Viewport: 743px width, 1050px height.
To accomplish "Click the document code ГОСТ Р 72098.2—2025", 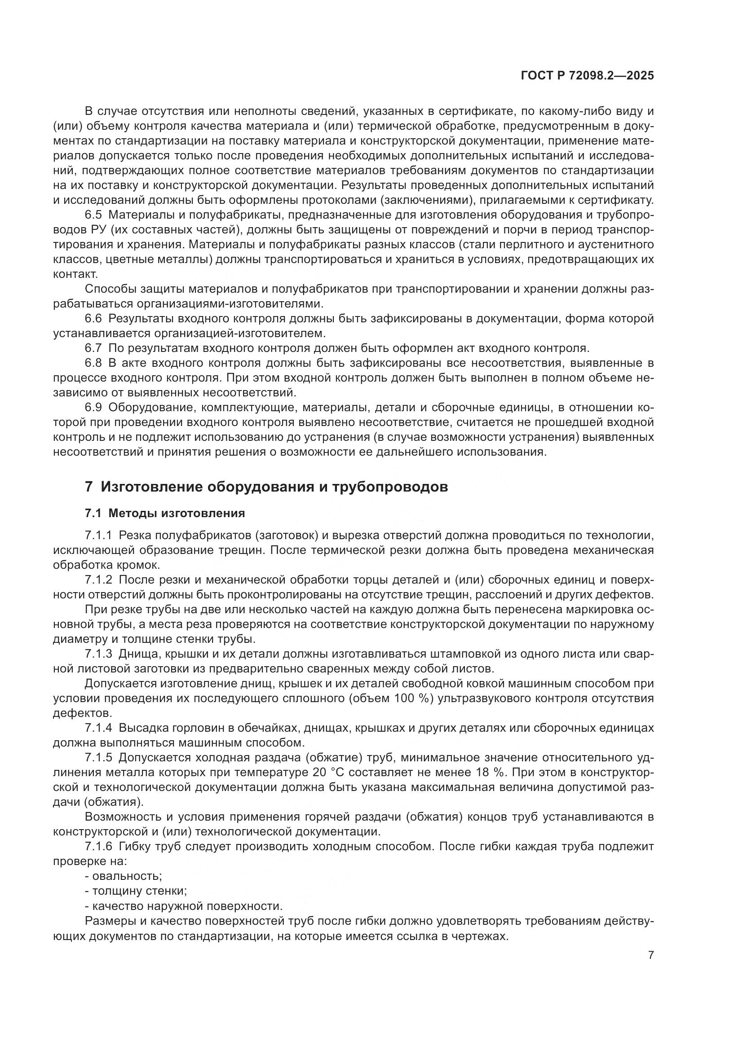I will (x=587, y=75).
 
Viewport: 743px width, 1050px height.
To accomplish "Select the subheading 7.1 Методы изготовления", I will (x=165, y=513).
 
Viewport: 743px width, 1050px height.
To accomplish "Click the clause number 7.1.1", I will (x=98, y=535).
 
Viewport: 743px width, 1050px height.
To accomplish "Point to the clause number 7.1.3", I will (x=98, y=654).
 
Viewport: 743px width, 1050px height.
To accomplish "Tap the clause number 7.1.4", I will (x=98, y=728).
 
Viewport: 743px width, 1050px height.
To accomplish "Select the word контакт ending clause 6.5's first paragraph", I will (x=75, y=274).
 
